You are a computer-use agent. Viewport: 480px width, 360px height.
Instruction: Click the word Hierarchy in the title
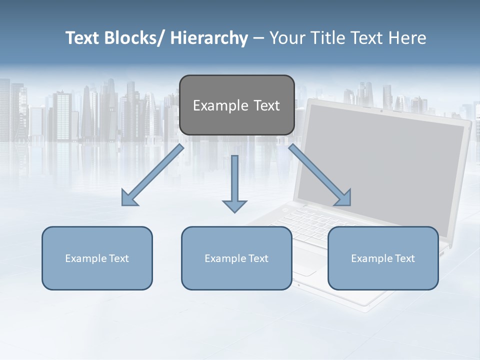(209, 38)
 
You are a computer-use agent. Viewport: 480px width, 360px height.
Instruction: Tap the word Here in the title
(407, 38)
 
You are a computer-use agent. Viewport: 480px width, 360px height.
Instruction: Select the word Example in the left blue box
(86, 258)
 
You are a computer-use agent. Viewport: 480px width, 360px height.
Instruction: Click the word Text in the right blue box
(404, 258)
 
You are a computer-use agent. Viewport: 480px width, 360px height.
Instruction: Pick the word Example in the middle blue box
(225, 258)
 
